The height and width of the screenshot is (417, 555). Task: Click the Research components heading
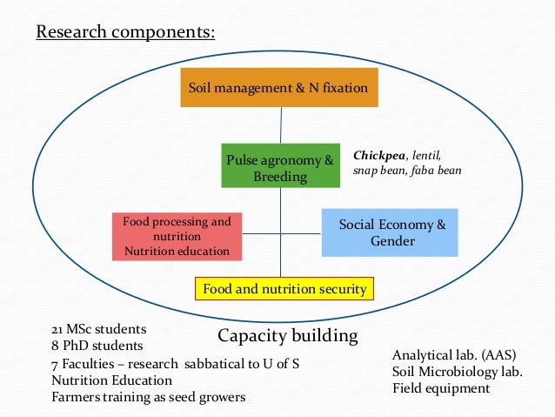(x=124, y=33)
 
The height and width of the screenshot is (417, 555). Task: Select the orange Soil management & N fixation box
(x=279, y=87)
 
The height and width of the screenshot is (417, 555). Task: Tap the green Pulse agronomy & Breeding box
(x=280, y=168)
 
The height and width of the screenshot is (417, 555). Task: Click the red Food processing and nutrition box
(x=177, y=236)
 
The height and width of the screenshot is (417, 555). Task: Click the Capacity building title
(x=287, y=335)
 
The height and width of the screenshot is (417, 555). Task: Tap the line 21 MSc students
(x=98, y=329)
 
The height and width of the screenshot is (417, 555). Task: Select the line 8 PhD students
(x=95, y=345)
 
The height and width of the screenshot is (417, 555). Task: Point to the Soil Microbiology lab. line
(x=457, y=372)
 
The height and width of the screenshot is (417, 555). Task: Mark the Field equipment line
(x=441, y=388)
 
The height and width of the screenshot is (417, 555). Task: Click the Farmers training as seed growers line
(x=148, y=397)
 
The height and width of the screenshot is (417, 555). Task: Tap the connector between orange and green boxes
(x=280, y=124)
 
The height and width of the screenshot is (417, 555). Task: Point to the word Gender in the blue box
(x=392, y=241)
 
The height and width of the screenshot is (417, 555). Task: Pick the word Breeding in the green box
(x=280, y=177)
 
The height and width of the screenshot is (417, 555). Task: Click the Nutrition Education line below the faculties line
(x=111, y=380)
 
